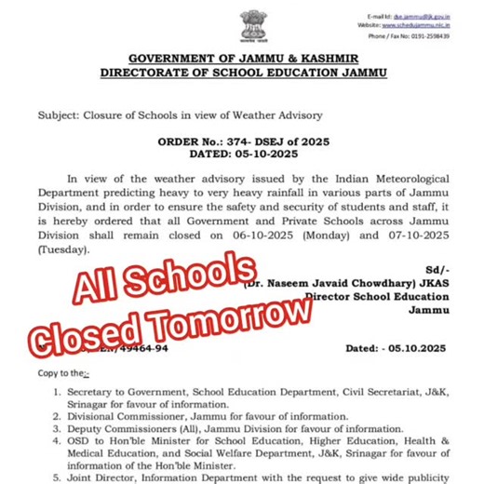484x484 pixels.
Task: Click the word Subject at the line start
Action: pos(60,115)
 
